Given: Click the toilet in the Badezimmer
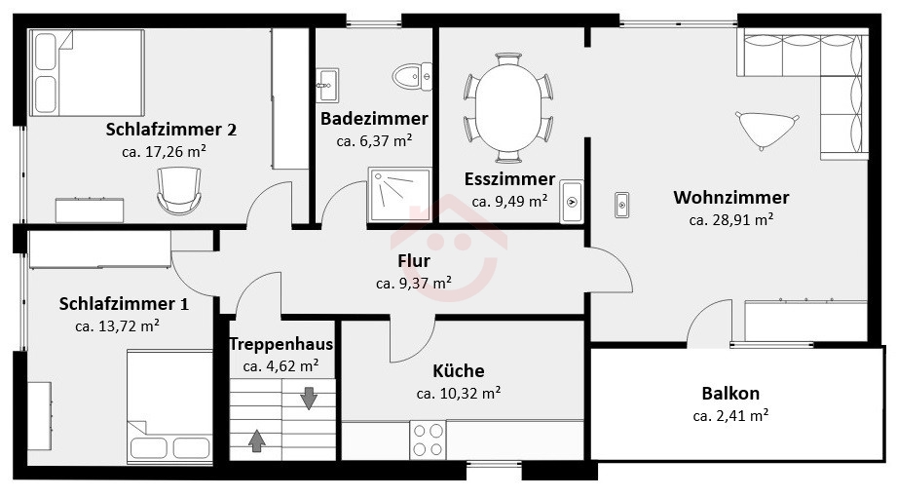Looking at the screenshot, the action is [x=412, y=76].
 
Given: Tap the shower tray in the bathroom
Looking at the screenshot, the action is [x=399, y=195].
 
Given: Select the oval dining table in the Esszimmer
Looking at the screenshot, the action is [x=508, y=106].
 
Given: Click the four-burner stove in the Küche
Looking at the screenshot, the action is [x=428, y=440].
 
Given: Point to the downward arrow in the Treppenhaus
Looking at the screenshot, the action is [x=309, y=398].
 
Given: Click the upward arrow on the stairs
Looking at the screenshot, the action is [x=257, y=440].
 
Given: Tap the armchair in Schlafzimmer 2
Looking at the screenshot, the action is [x=179, y=190].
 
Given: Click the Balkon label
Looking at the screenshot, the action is [x=730, y=394].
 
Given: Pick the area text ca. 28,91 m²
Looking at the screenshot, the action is [x=731, y=220].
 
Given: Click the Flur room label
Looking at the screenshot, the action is [x=414, y=261].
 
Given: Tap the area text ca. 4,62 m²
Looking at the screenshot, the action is [x=280, y=365].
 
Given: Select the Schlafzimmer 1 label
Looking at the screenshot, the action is [x=124, y=303].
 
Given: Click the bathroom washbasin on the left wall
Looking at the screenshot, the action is [x=328, y=86].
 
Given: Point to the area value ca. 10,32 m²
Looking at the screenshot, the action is [x=459, y=394].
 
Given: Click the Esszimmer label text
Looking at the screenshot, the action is [x=509, y=179].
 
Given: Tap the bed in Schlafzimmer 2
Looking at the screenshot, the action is [x=87, y=73].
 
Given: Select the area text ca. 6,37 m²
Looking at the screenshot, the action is [x=374, y=141].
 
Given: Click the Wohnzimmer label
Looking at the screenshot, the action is [x=731, y=198].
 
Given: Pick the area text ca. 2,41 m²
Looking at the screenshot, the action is [x=730, y=416].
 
